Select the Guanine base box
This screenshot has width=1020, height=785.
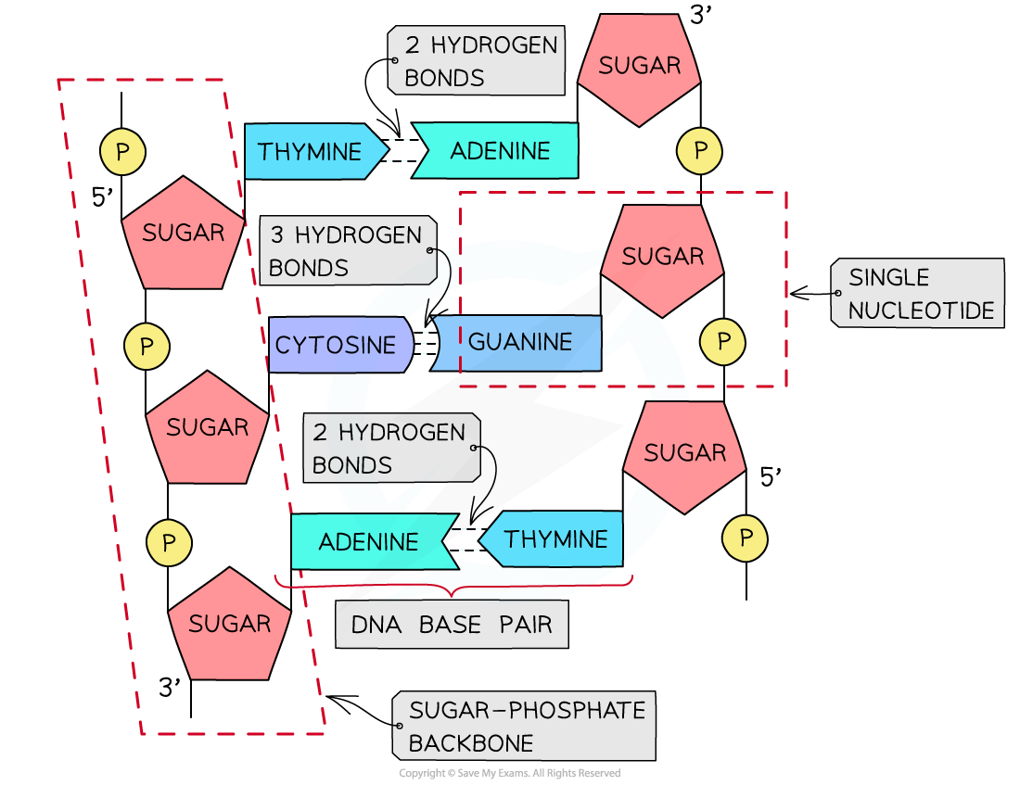click(519, 342)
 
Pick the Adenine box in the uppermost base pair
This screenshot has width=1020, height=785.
click(499, 151)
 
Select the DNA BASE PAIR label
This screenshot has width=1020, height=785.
click(452, 625)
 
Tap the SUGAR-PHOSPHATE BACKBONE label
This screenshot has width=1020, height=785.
click(525, 726)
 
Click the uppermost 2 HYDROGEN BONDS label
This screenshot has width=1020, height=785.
click(477, 61)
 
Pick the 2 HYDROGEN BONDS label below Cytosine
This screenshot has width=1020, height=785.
click(389, 449)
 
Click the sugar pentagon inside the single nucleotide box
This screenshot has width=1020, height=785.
click(662, 258)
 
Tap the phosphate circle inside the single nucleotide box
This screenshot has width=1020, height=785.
click(723, 342)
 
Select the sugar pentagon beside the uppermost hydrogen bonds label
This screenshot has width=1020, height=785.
click(639, 67)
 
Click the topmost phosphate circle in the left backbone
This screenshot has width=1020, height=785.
click(122, 151)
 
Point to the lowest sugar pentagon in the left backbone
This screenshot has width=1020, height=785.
click(228, 625)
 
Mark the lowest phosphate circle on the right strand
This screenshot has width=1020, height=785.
click(746, 538)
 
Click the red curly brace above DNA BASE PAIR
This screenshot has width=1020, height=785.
click(453, 587)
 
